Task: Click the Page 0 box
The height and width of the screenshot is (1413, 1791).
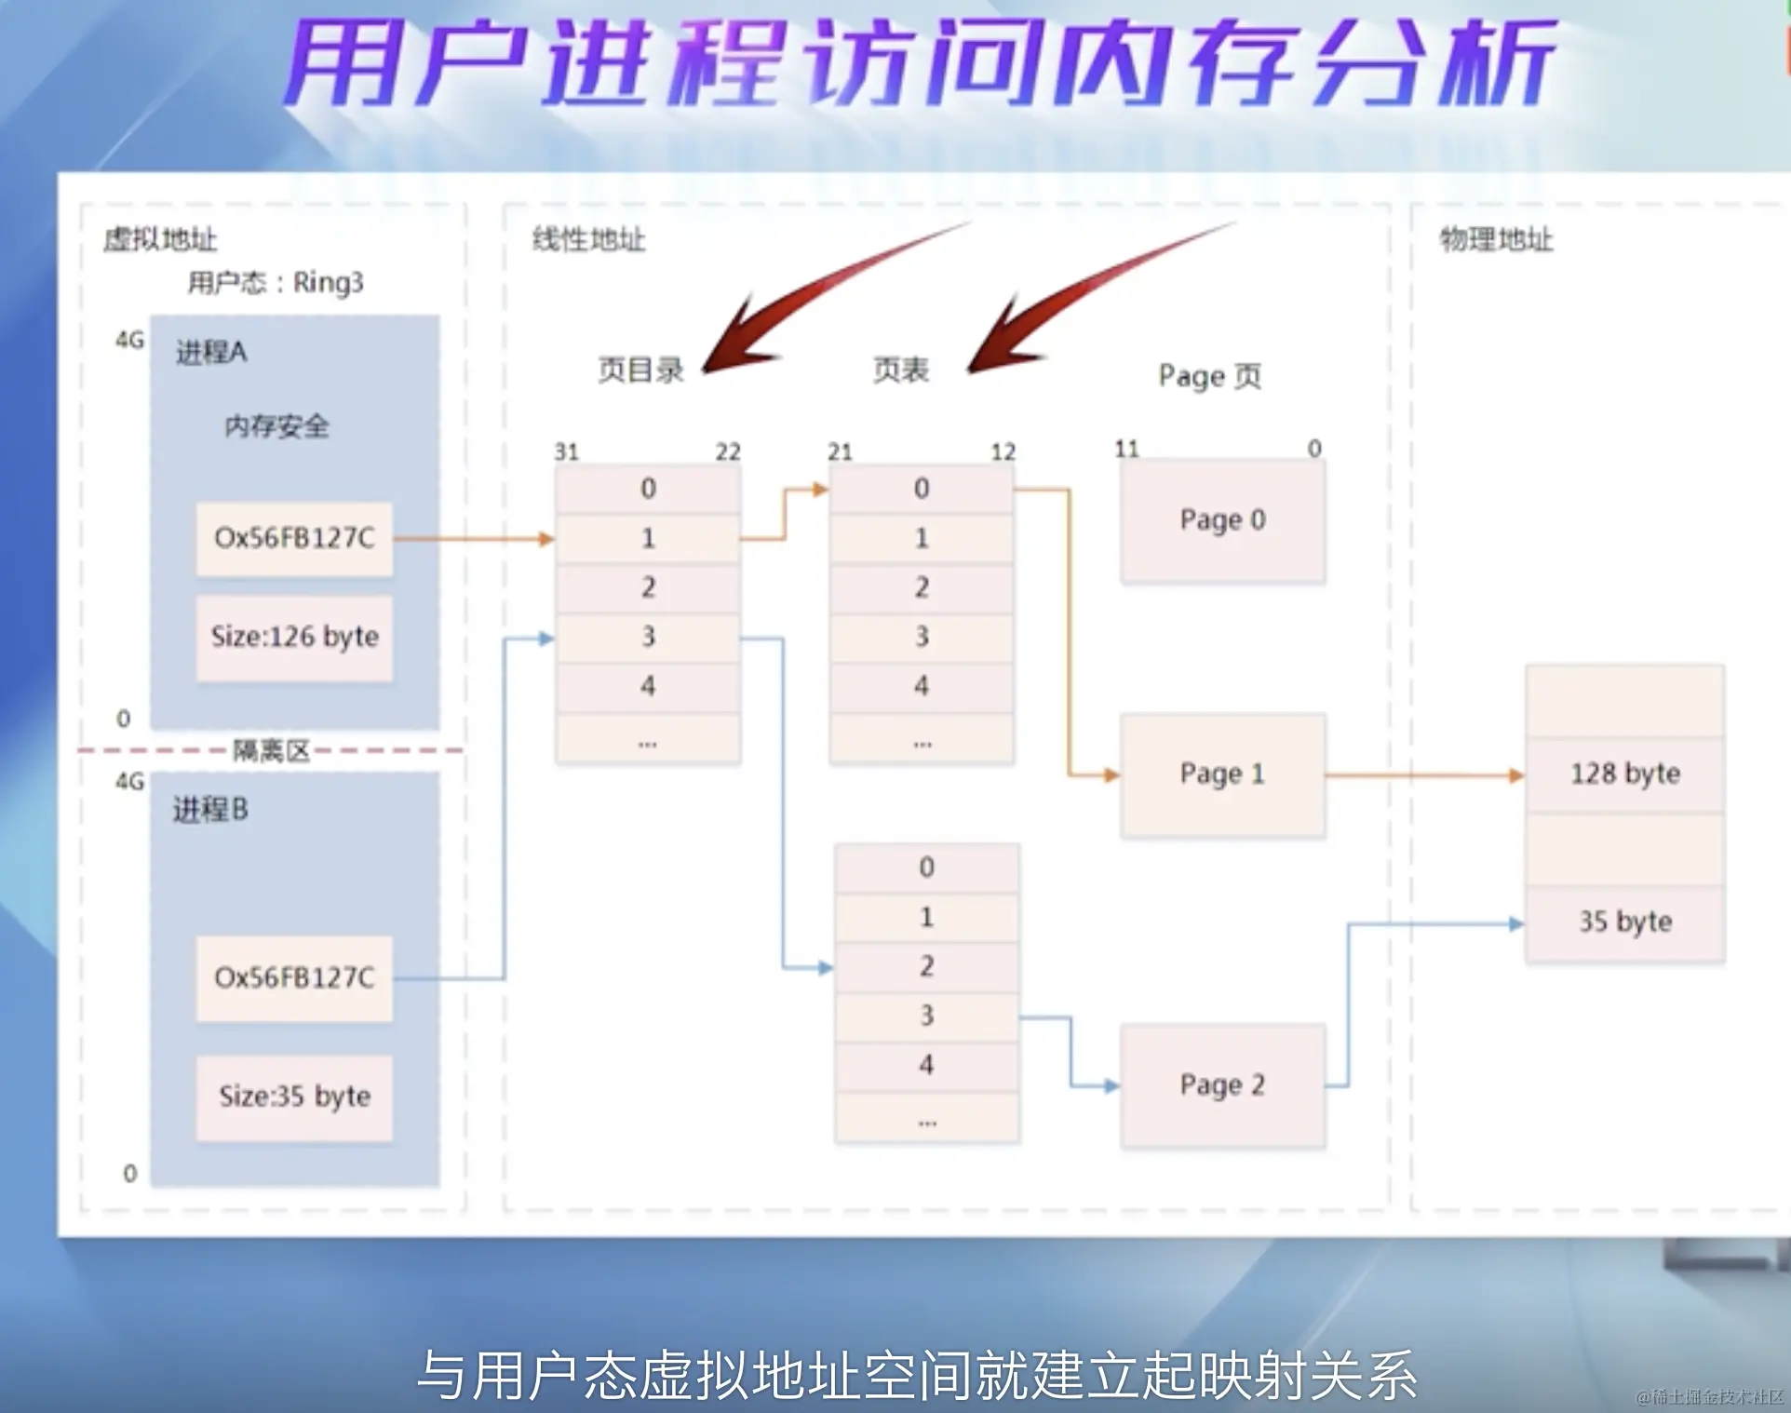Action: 1222,520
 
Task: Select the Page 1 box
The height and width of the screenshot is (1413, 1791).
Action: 1222,774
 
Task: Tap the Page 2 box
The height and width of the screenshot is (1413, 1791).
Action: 1222,1085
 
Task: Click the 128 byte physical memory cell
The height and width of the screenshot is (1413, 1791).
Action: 1624,774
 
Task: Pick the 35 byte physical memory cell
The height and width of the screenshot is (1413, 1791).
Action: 1624,922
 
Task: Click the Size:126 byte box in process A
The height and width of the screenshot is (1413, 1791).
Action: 294,637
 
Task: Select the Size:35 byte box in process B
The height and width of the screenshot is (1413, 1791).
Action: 294,1097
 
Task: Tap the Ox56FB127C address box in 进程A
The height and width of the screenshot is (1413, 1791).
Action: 294,538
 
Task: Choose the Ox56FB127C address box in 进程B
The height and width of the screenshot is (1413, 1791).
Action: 294,977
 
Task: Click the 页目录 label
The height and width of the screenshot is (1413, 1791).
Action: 640,370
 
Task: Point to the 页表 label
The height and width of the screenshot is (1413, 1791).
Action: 900,370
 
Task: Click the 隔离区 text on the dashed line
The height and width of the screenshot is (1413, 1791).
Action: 271,750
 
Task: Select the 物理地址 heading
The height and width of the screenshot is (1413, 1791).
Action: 1496,239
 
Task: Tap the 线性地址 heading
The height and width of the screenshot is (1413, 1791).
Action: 588,239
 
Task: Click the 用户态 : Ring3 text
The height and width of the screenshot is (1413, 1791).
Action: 276,282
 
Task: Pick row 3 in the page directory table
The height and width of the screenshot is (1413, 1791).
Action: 648,637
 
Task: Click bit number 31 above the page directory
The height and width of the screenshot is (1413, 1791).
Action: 567,452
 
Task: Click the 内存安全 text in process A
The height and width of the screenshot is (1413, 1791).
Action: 276,426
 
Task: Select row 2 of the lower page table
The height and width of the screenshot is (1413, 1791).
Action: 926,966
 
